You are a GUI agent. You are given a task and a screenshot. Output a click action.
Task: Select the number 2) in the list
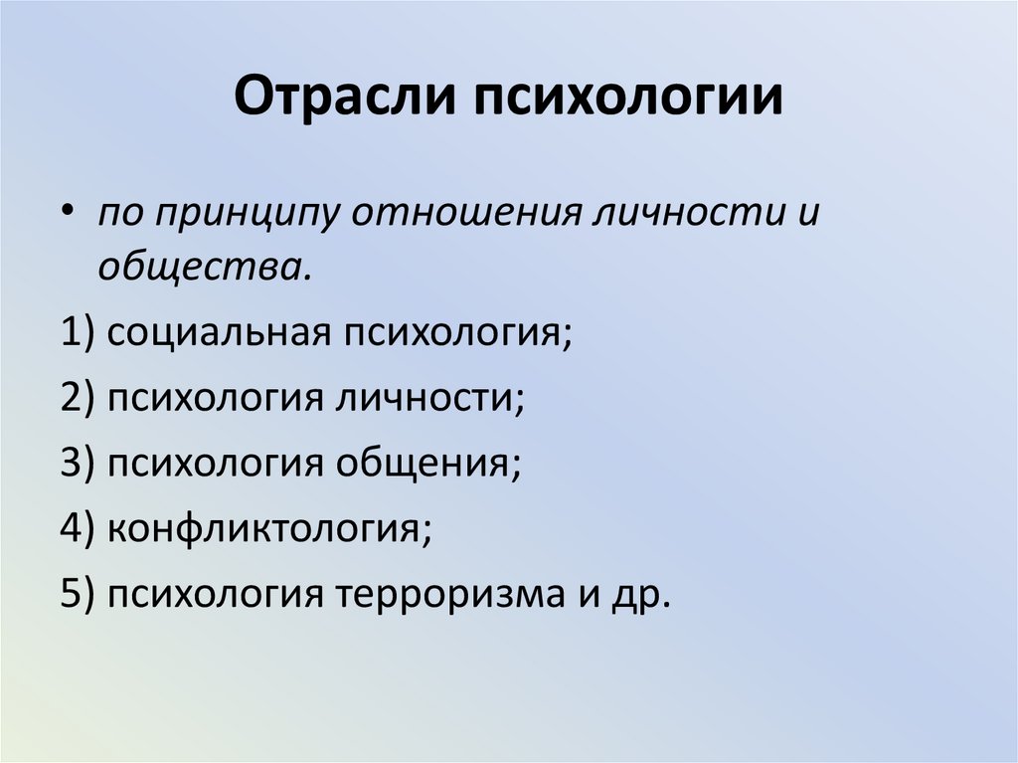(x=77, y=398)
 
